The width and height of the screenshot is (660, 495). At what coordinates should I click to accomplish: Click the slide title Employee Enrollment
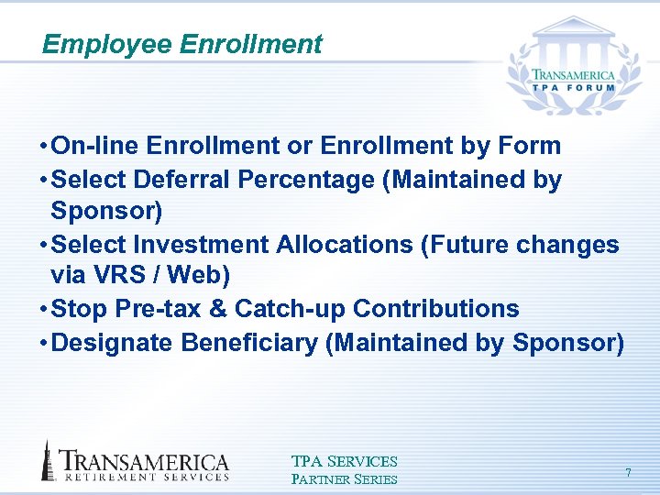click(182, 44)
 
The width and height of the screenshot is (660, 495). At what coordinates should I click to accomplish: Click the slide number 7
click(628, 472)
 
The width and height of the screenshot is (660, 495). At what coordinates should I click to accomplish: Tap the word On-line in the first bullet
click(96, 146)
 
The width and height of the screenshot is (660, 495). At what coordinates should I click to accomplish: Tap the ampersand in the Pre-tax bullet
click(219, 310)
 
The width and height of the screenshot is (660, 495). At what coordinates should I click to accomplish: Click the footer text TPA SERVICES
click(344, 462)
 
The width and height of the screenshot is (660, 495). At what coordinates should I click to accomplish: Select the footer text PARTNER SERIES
click(344, 479)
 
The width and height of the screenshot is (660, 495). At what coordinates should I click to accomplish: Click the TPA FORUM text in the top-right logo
click(575, 88)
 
